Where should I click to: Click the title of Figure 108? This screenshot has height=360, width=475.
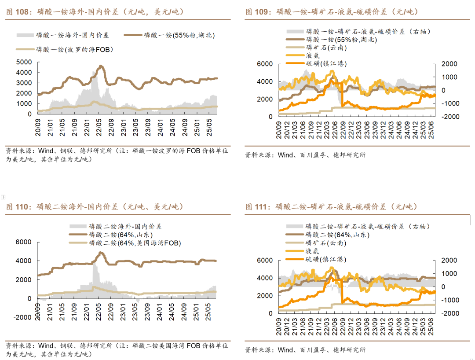tap(95, 12)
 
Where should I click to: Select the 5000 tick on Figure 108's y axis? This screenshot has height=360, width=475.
tap(24, 62)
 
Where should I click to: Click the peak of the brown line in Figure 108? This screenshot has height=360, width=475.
tap(101, 66)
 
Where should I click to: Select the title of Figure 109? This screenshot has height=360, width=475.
tap(332, 12)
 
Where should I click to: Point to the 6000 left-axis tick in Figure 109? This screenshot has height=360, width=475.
tap(265, 64)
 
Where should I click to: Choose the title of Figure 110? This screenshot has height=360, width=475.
tap(95, 206)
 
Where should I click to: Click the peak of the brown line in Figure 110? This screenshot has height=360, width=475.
tap(101, 253)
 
